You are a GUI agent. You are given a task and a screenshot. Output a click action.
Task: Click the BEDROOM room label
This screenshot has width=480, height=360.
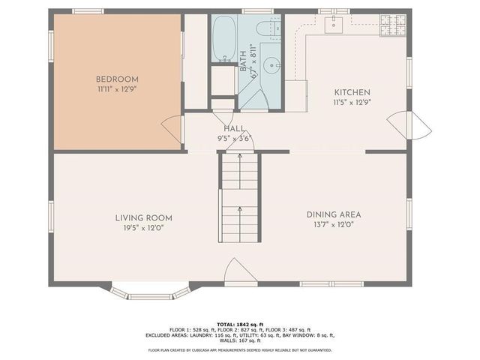[x=116, y=79]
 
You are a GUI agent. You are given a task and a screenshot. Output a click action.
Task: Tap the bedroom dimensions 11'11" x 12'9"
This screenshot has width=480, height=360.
[x=116, y=88]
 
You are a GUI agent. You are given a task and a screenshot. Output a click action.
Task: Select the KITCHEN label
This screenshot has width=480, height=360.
[x=352, y=92]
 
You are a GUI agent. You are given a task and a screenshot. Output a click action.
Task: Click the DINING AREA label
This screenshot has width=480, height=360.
[x=330, y=214]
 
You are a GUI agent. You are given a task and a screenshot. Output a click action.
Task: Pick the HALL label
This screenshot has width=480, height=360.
[x=233, y=128]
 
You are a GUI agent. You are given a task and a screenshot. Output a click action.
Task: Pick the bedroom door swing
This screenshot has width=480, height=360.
[x=172, y=127]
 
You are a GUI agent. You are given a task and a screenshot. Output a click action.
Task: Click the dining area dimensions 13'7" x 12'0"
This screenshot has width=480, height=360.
[x=330, y=224]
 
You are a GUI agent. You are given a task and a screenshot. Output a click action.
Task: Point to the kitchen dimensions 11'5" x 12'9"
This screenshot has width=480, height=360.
[x=352, y=102]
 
